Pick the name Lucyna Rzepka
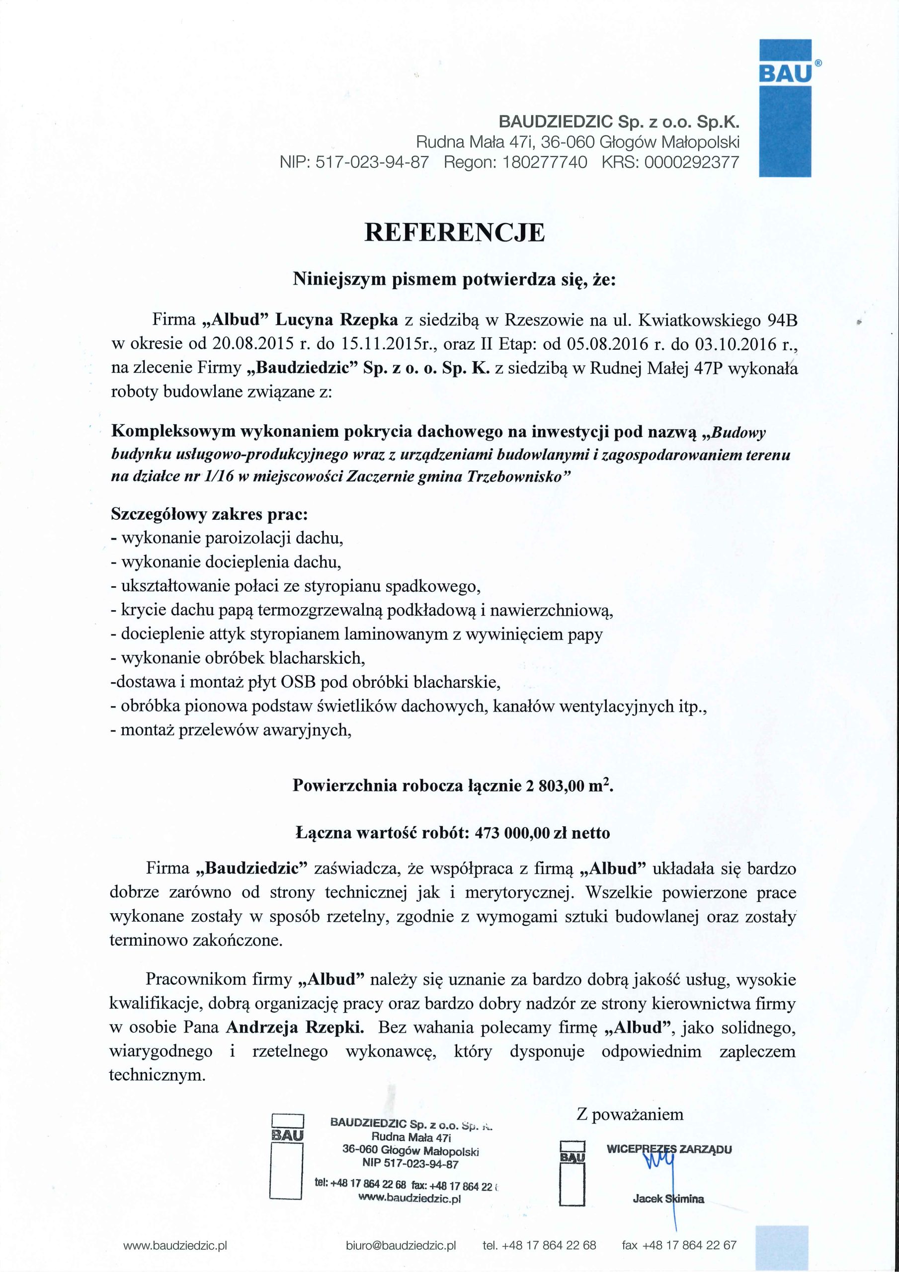337,320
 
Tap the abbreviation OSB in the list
298,682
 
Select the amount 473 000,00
513,833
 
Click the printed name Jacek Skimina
668,1199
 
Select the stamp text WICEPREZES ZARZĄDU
669,1149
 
